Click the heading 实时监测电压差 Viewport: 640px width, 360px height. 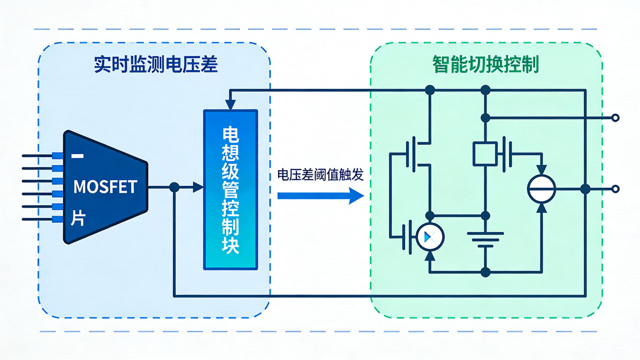coord(156,65)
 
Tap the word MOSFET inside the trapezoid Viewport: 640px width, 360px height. coord(105,187)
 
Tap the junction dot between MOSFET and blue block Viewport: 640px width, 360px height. coord(174,187)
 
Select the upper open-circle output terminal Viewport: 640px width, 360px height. coord(616,118)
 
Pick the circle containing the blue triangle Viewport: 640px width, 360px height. coord(430,238)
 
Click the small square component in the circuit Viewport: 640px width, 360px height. coord(486,153)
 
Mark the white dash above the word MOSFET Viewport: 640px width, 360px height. coord(78,156)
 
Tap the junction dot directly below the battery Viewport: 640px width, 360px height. coord(486,272)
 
